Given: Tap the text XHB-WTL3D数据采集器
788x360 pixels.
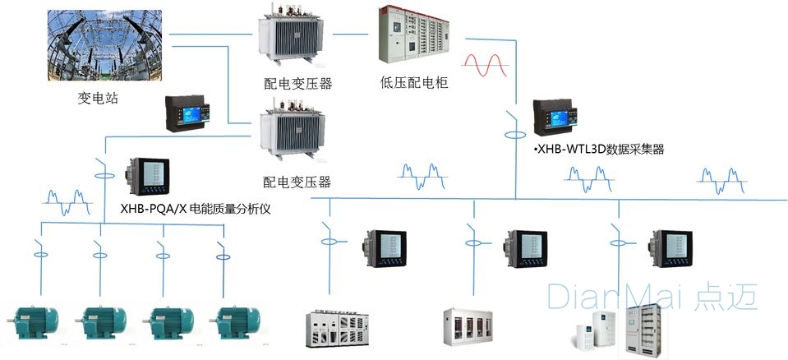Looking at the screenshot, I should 598,149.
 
